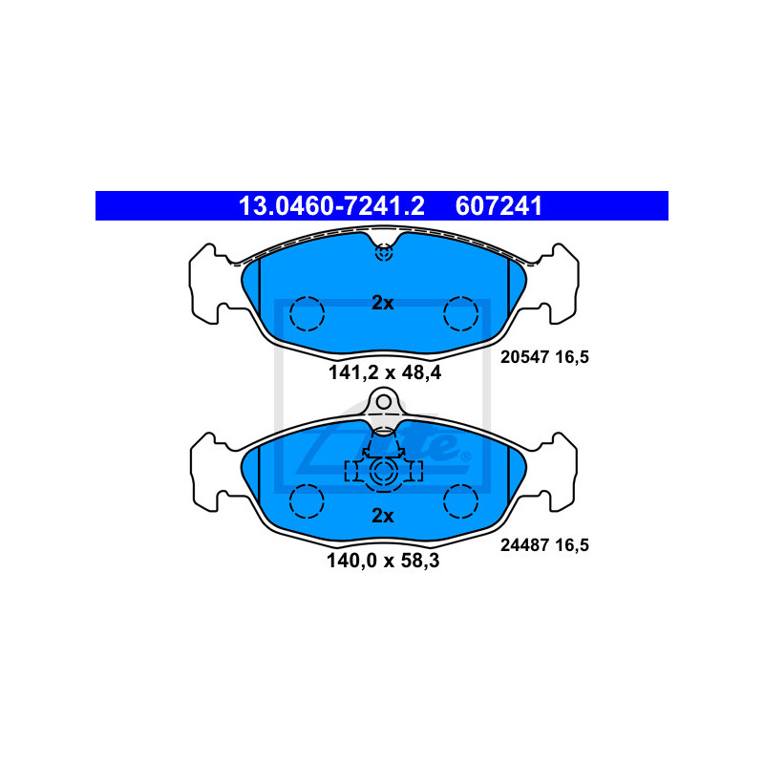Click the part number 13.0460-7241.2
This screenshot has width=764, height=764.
[x=331, y=206]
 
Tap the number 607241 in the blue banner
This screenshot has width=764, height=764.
[x=499, y=206]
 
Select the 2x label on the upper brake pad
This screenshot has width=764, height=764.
[x=383, y=303]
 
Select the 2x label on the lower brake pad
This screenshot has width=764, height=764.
[x=383, y=516]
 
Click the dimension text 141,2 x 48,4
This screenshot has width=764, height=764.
[x=385, y=372]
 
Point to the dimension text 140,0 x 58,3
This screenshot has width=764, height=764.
[x=383, y=561]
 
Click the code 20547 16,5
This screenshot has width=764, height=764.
[x=544, y=357]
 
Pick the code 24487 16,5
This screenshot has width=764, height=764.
[x=544, y=544]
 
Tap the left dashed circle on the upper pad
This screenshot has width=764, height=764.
[x=307, y=314]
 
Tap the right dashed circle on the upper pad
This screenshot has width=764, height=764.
[x=461, y=314]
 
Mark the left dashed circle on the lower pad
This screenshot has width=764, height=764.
[x=307, y=501]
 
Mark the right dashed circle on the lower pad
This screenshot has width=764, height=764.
[x=461, y=501]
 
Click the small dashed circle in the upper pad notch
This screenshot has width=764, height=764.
[x=384, y=252]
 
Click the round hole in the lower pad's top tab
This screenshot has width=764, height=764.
[x=384, y=402]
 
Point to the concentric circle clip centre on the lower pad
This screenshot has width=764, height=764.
[x=384, y=472]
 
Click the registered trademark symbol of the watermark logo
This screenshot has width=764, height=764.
[x=466, y=456]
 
